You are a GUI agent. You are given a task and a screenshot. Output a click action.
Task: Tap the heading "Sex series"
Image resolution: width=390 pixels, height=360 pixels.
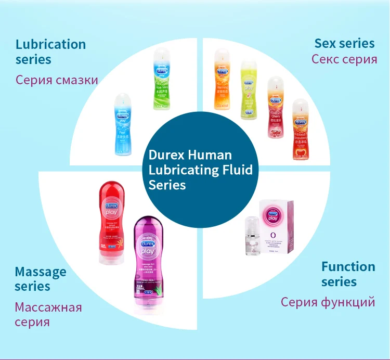click(345, 43)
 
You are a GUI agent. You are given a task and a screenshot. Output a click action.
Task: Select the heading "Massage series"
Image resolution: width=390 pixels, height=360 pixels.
click(41, 279)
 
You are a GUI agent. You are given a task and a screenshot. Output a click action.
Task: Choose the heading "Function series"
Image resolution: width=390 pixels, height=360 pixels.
click(348, 274)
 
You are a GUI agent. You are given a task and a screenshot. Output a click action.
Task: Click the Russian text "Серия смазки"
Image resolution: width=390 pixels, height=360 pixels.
click(57, 80)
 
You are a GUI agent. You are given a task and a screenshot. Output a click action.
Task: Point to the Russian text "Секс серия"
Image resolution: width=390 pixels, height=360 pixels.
click(344, 59)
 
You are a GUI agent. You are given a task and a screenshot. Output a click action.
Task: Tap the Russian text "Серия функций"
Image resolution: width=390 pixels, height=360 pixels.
click(328, 302)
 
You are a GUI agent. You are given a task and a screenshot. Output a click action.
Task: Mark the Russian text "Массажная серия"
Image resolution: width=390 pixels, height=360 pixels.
click(48, 314)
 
